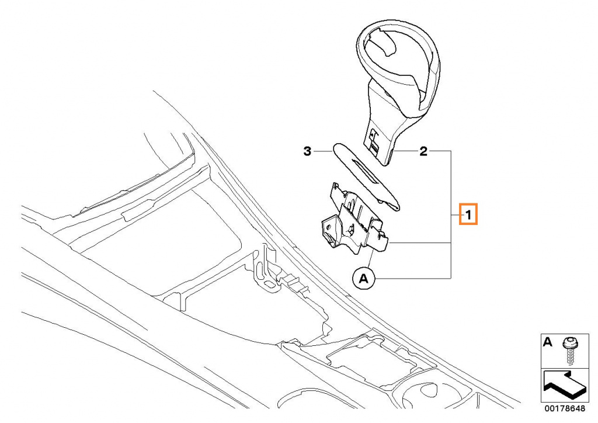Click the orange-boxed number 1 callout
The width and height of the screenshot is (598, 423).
coord(468,215)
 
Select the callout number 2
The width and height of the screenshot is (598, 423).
coord(423,151)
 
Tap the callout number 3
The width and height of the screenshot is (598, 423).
coord(307,151)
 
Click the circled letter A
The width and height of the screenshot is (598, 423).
coord(364,279)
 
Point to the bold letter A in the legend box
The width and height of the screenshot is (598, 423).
coord(547,342)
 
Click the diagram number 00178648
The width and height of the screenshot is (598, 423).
coord(565,408)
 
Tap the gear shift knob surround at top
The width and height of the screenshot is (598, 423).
coord(398,91)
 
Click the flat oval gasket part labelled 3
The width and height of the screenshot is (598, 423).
coord(367,177)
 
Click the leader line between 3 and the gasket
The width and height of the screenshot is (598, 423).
coord(323,151)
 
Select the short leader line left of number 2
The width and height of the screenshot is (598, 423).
coord(405,151)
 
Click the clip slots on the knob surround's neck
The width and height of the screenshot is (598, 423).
coord(374,142)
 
